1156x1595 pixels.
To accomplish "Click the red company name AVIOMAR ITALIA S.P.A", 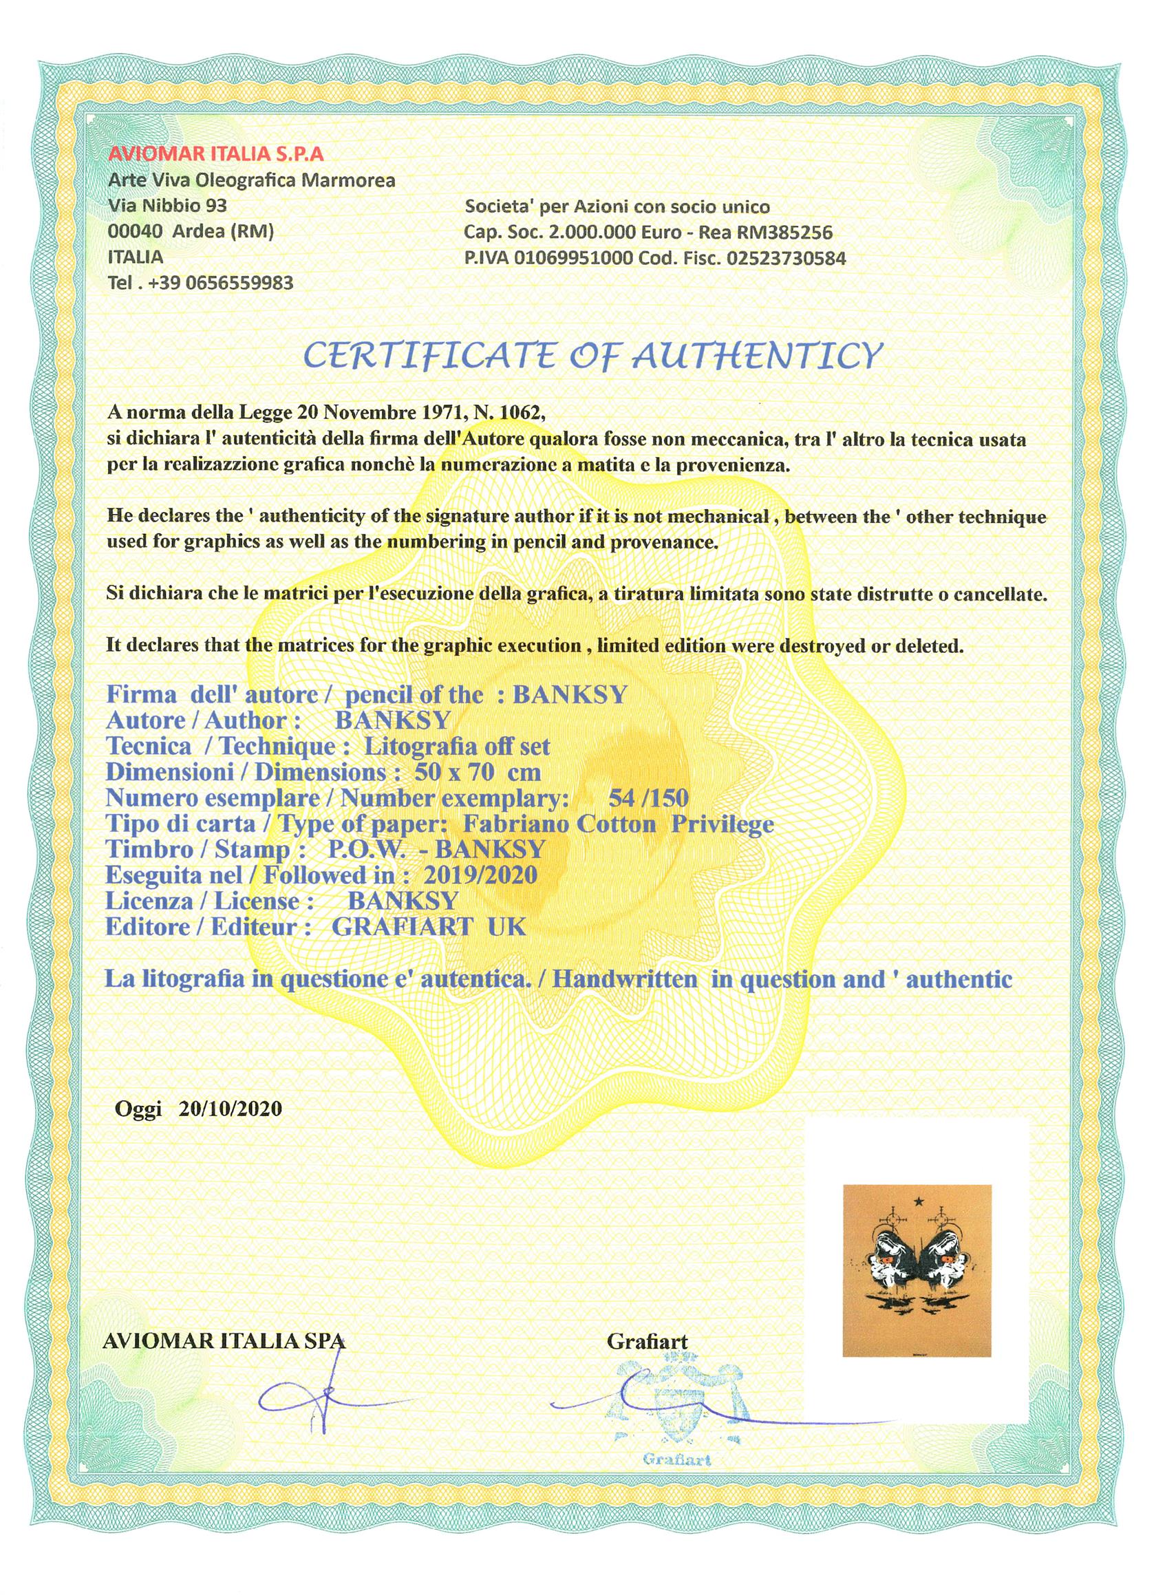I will (217, 154).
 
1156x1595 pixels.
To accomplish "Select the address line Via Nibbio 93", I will (167, 206).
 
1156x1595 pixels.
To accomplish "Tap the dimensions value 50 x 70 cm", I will (478, 772).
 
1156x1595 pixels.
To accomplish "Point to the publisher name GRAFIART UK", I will (428, 927).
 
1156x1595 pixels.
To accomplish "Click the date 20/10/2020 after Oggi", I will (231, 1109).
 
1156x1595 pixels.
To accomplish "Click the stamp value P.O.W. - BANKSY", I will (437, 850).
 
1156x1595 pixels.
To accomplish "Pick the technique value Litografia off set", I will (456, 746).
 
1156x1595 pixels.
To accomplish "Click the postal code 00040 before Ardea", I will (136, 232).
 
